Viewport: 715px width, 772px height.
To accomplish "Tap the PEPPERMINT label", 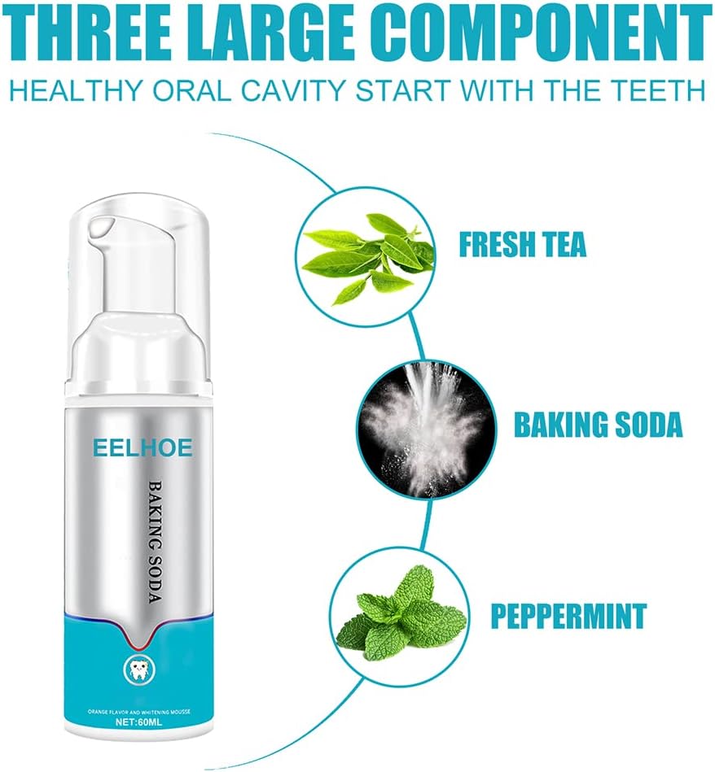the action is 568,614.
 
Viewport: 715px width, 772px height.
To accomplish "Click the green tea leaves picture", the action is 367,256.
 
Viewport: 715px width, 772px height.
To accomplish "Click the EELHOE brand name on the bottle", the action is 143,448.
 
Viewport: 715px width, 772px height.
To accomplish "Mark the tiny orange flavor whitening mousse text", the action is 139,712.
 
